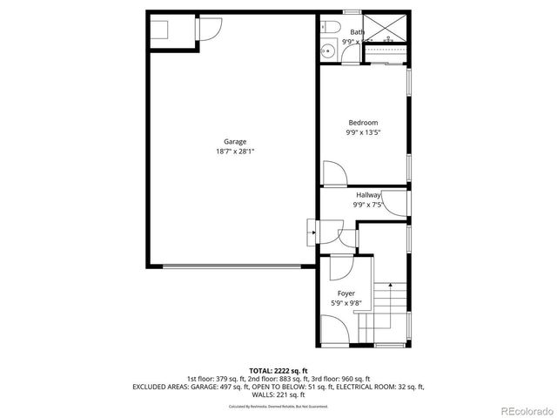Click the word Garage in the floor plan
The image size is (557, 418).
(235, 142)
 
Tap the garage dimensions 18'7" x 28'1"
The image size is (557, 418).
(235, 152)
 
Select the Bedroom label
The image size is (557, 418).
(363, 123)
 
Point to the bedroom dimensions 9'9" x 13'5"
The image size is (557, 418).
(363, 132)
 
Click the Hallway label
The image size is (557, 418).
(368, 195)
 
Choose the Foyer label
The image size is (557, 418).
(346, 293)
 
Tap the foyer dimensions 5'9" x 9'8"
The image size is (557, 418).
(346, 303)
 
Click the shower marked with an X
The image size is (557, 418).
(381, 28)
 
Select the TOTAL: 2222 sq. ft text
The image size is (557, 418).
(278, 370)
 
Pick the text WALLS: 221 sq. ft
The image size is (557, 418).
(278, 394)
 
